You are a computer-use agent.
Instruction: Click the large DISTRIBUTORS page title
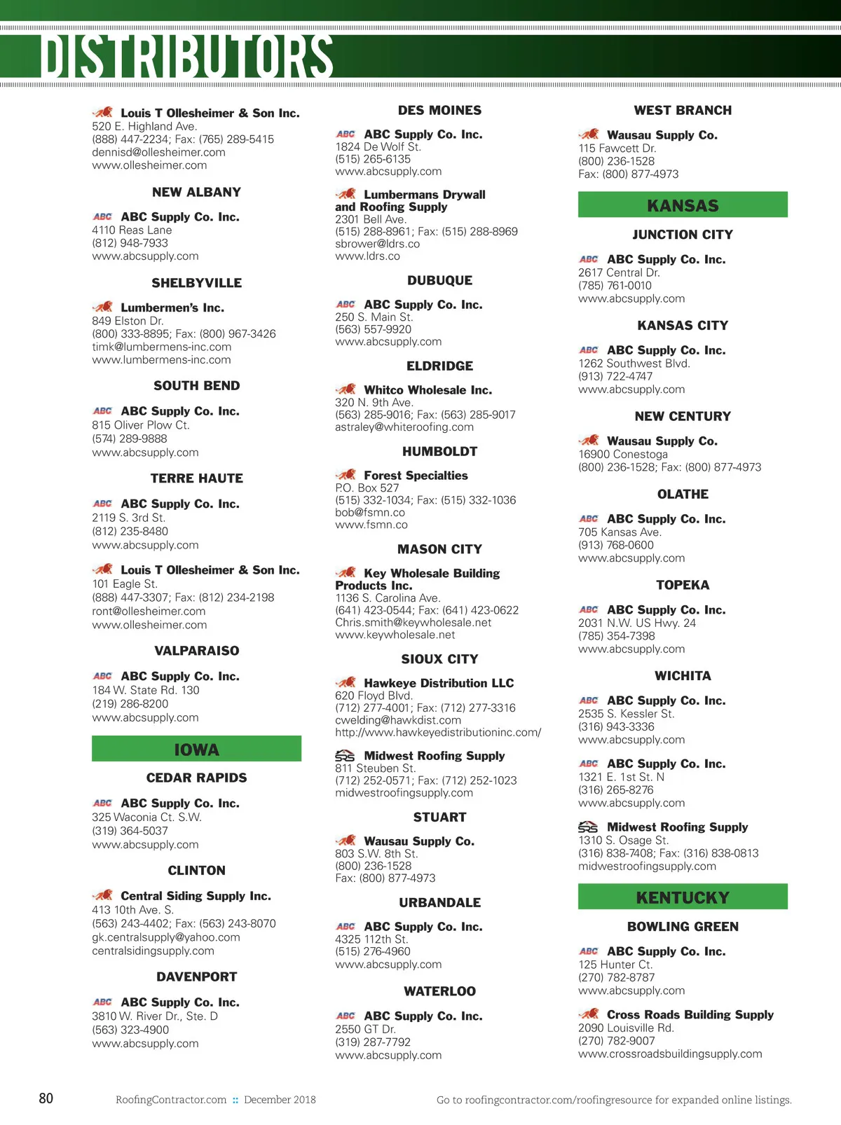[x=186, y=56]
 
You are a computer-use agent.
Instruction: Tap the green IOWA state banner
[x=196, y=749]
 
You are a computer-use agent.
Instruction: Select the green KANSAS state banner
[x=683, y=205]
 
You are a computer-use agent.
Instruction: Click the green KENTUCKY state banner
[x=683, y=897]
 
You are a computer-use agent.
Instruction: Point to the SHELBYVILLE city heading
[x=196, y=283]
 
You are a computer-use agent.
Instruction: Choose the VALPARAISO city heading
[x=196, y=651]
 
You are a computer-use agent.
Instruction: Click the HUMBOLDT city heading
[x=439, y=452]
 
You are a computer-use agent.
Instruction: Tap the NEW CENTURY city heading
[x=683, y=416]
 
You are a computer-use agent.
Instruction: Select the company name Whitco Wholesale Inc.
[x=428, y=390]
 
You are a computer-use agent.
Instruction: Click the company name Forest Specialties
[x=416, y=476]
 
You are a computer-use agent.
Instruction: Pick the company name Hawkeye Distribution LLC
[x=439, y=683]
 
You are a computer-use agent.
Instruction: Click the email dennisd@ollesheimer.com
[x=158, y=152]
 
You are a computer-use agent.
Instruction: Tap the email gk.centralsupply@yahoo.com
[x=165, y=937]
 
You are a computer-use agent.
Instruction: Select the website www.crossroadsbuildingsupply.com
[x=670, y=1054]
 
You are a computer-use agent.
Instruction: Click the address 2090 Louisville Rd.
[x=626, y=1028]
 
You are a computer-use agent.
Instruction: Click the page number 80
[x=46, y=1098]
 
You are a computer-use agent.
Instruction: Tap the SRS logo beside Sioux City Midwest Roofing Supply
[x=345, y=756]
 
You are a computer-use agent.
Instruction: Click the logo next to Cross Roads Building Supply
[x=589, y=1014]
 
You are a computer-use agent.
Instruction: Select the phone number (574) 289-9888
[x=130, y=439]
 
